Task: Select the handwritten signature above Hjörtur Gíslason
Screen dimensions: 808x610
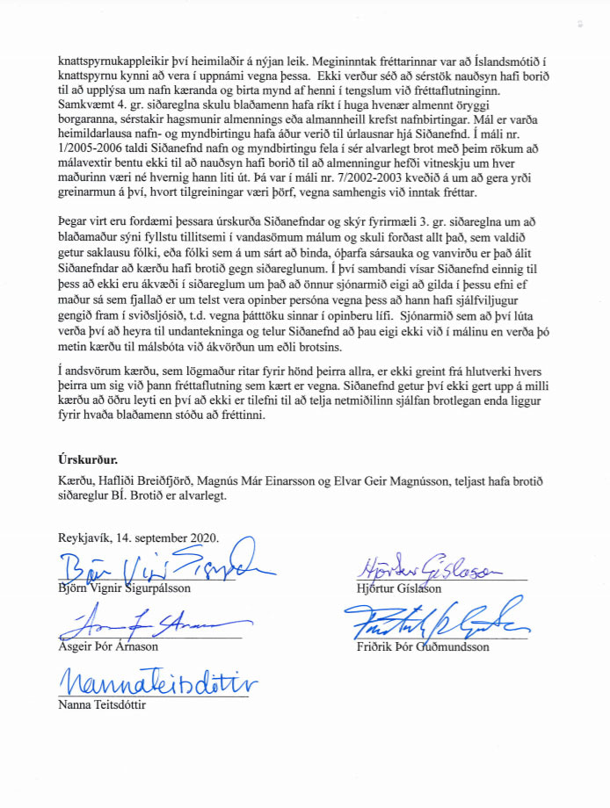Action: pyautogui.click(x=423, y=568)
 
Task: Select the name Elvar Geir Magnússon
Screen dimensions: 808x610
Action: pyautogui.click(x=414, y=480)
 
